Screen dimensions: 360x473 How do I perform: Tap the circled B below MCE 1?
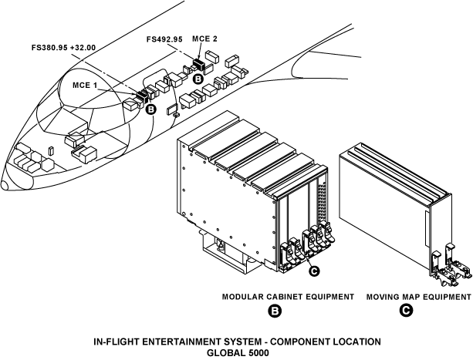click(150, 109)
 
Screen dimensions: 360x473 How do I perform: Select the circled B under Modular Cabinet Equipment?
click(273, 311)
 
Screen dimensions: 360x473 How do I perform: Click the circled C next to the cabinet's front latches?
click(313, 270)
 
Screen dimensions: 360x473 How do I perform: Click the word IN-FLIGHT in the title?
click(117, 341)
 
